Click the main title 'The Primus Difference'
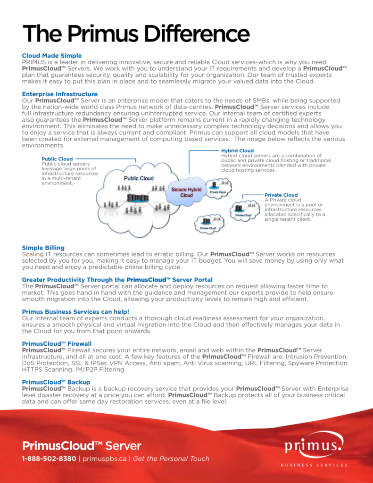click(136, 33)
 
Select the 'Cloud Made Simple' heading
click(52, 56)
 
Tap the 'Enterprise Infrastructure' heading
click(60, 94)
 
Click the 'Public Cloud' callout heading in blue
click(57, 159)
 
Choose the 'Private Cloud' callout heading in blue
click(281, 195)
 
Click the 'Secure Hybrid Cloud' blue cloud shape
click(186, 192)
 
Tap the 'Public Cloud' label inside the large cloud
click(139, 178)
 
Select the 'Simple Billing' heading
click(43, 248)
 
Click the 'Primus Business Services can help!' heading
click(75, 311)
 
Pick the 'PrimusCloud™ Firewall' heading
click(57, 343)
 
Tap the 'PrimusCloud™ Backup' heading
click(56, 382)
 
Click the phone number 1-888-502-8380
click(49, 458)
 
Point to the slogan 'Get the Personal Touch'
click(171, 458)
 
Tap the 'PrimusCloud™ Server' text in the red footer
click(82, 445)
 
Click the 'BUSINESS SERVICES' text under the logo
click(314, 465)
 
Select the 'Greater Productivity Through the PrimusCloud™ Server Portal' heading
click(117, 280)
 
